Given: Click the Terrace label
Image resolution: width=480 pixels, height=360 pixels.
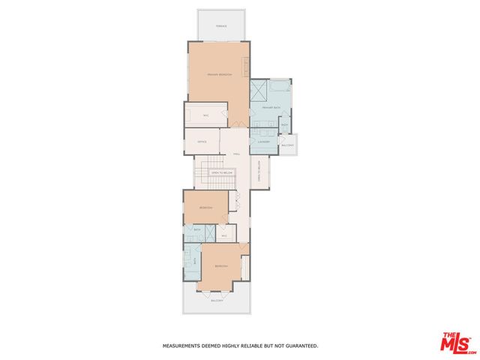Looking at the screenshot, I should click(x=220, y=26).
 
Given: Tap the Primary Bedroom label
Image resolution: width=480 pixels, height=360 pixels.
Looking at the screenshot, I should click(x=220, y=75).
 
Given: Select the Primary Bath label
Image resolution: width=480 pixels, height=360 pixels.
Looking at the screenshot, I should click(x=271, y=108).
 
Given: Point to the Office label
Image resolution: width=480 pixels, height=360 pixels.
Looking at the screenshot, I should click(x=202, y=142).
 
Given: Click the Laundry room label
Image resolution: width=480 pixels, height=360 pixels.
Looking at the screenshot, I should click(x=262, y=142).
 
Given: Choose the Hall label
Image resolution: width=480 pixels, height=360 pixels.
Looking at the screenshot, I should click(x=236, y=154).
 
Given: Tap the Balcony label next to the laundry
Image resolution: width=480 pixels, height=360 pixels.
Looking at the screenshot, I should click(x=288, y=145).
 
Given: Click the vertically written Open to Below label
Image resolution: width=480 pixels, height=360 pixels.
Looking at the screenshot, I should click(x=258, y=172).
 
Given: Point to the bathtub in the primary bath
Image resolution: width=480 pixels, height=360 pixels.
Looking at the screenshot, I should click(x=279, y=87).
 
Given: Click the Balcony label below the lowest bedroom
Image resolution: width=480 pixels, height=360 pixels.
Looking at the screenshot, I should click(x=217, y=301).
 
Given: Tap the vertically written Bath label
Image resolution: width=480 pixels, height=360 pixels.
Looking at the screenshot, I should click(x=196, y=261).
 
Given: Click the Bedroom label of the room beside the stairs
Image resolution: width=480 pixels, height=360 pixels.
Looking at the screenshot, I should click(x=206, y=207).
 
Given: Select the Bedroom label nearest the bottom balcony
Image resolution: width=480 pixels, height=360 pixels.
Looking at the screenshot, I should click(x=221, y=267).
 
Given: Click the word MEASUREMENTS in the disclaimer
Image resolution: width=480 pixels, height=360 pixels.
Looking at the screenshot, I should click(x=184, y=346).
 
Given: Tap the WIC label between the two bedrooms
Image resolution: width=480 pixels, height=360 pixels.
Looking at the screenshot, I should click(x=223, y=235).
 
